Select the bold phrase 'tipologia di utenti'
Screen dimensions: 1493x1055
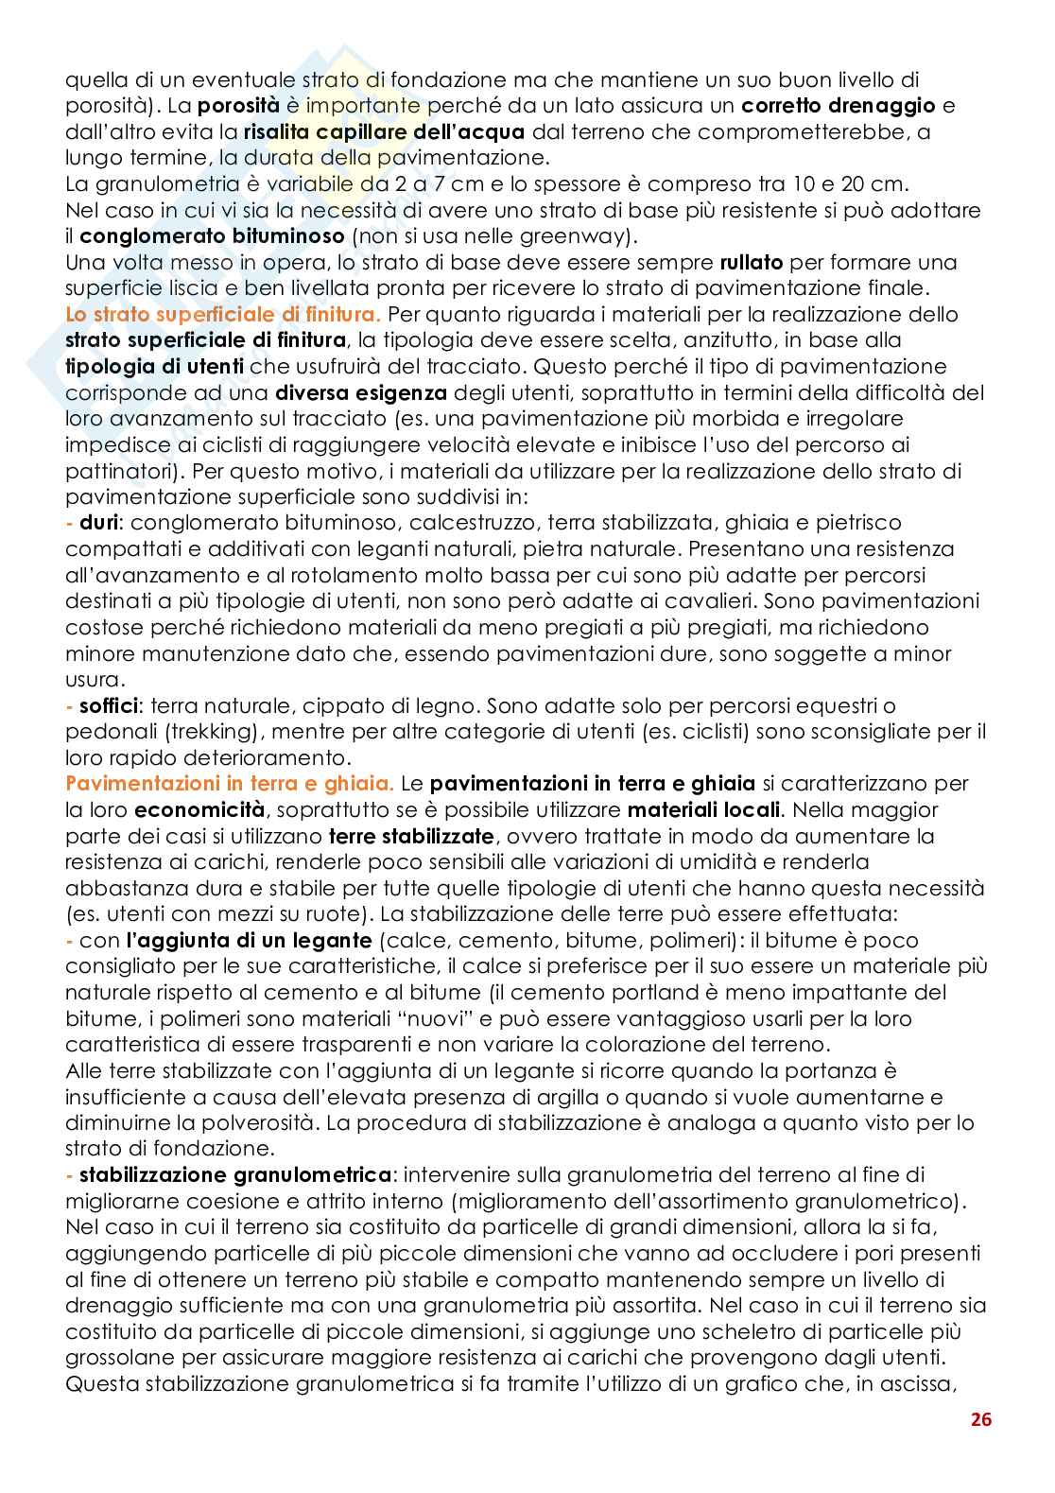156,366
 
